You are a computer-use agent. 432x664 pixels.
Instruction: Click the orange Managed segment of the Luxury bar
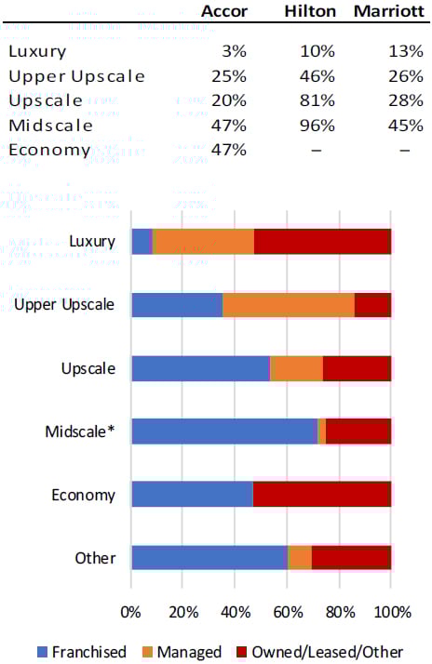coord(203,242)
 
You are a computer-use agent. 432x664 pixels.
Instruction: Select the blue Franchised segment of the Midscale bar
coord(223,432)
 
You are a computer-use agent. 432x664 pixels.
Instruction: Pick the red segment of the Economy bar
coord(321,494)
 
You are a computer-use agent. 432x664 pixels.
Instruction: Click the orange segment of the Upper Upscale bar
coord(289,305)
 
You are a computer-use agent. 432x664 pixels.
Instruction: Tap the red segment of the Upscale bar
coord(357,368)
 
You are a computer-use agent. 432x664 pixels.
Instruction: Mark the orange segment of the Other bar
coord(299,558)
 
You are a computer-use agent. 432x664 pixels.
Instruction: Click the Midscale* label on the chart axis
coord(81,432)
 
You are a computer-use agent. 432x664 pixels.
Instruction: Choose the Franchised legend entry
coord(80,652)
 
